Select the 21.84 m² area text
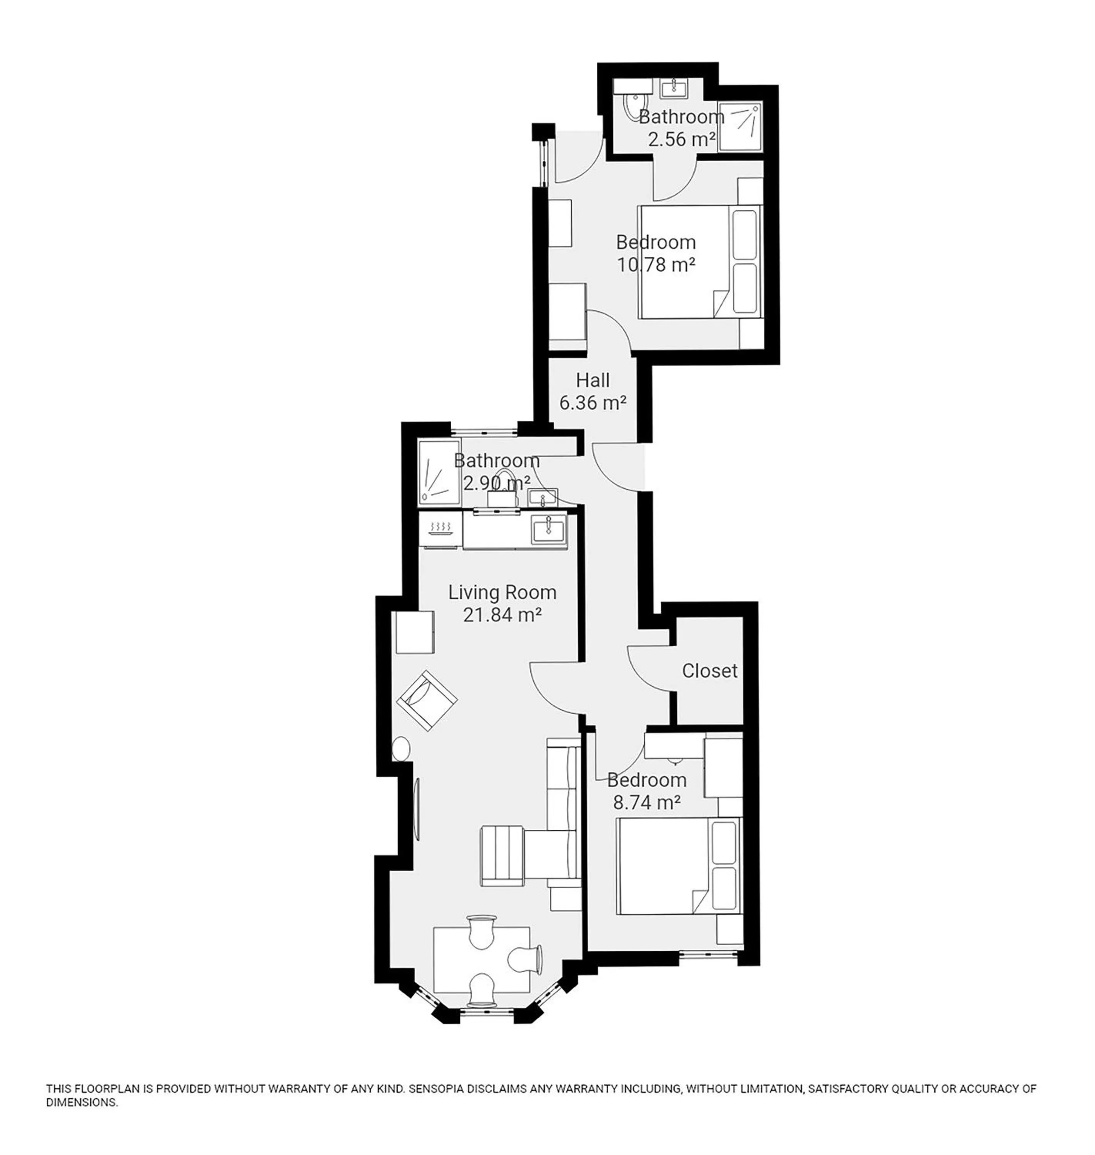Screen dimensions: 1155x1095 pyautogui.click(x=502, y=615)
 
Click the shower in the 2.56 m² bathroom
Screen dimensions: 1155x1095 pyautogui.click(x=739, y=127)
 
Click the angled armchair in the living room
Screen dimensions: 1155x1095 pyautogui.click(x=427, y=700)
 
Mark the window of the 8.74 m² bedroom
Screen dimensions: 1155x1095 pyautogui.click(x=708, y=955)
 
